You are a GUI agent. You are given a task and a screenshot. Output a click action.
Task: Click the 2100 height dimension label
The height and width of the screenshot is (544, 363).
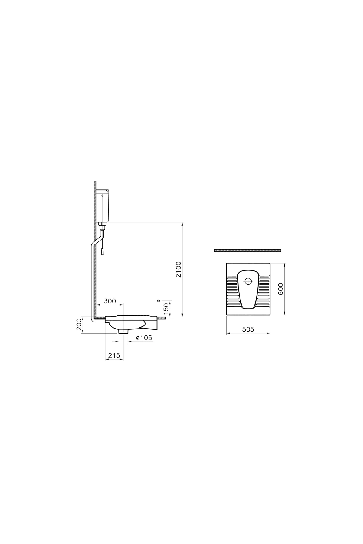coord(179,270)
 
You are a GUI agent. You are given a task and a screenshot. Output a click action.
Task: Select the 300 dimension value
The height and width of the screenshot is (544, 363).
coord(110,301)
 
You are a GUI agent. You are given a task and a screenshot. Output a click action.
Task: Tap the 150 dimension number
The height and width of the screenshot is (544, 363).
coord(166,309)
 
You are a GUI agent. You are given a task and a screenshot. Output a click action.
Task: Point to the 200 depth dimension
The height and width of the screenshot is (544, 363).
coord(79,324)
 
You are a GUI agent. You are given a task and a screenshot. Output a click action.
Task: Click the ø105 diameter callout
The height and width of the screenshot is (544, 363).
coord(144,338)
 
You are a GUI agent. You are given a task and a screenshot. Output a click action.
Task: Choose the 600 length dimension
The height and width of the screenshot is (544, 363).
coord(280,289)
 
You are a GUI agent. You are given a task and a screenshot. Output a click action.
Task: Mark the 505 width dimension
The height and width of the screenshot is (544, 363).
coord(248,329)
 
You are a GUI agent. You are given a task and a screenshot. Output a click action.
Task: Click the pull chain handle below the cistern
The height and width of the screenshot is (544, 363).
coord(103,251)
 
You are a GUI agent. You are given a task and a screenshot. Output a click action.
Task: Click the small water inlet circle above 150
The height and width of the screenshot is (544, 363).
coord(159,301)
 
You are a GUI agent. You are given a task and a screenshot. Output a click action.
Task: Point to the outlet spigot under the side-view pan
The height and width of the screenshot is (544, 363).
coord(123,331)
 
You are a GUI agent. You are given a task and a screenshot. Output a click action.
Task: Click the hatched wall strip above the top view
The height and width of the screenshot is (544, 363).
coord(247,251)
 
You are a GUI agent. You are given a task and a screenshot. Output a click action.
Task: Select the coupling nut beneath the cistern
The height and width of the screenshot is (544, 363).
coord(103,225)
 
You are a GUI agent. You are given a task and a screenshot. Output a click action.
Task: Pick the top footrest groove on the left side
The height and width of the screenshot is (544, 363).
coord(232,277)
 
